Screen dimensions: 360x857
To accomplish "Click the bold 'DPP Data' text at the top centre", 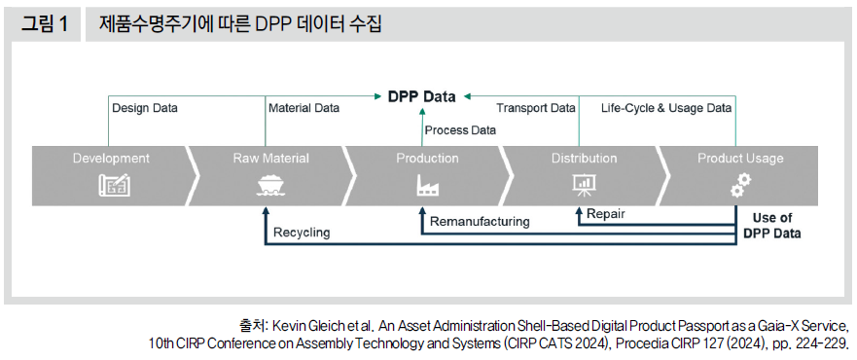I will tap(421, 96).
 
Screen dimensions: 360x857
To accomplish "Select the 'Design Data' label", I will tap(145, 108).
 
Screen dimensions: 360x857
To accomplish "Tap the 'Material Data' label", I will tap(304, 108).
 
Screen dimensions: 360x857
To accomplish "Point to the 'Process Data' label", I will tap(460, 129).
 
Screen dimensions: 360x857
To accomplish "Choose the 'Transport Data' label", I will tap(536, 108).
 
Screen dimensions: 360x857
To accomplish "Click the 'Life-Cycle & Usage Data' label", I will tap(665, 108).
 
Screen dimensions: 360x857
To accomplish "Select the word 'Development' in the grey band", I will tap(111, 158).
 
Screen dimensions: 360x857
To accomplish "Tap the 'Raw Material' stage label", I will tap(270, 158).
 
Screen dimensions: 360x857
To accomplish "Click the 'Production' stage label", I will tap(427, 158).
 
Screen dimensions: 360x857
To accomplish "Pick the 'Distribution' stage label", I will tap(584, 158).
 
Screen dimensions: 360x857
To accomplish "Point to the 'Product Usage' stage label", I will tap(740, 158).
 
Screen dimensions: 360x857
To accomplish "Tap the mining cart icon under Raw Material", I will tap(269, 185).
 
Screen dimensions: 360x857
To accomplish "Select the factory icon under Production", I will tap(427, 185).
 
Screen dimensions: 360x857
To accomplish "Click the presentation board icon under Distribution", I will tap(585, 185).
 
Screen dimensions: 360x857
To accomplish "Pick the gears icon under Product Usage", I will tap(741, 185).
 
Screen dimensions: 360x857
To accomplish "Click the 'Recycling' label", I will tap(302, 233).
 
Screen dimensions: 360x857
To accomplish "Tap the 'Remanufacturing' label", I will tap(480, 221).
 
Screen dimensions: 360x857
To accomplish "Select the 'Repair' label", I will tap(606, 212).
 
